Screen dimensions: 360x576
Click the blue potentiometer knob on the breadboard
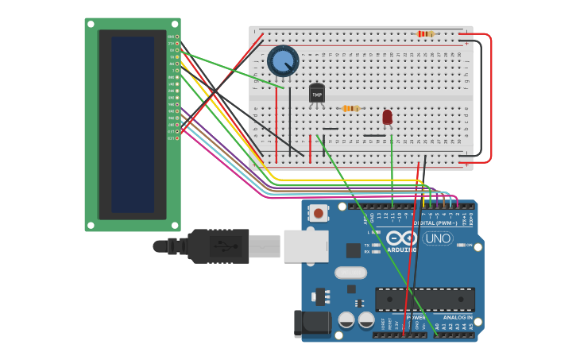[x=283, y=60]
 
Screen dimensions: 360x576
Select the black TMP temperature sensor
[x=317, y=94]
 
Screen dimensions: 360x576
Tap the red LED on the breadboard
[x=387, y=118]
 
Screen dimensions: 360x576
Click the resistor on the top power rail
[x=426, y=34]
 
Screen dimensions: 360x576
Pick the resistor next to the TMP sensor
[x=350, y=108]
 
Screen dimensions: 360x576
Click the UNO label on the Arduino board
[x=438, y=238]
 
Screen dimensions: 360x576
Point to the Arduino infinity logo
[x=402, y=237]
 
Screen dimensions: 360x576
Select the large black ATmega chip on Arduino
[x=424, y=299]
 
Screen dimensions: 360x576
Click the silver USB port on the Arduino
[x=306, y=246]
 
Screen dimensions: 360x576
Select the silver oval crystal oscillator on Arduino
[x=350, y=273]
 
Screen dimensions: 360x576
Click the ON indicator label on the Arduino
[x=469, y=245]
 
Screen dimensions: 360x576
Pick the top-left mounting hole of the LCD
[x=91, y=24]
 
